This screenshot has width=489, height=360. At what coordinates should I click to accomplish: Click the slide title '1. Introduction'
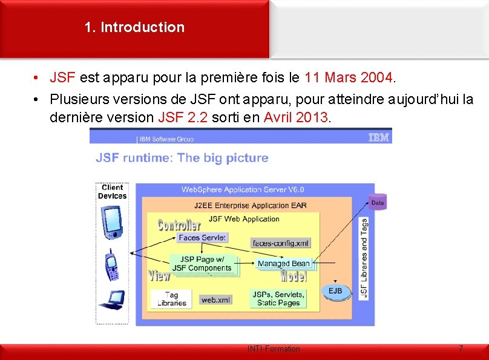click(x=134, y=27)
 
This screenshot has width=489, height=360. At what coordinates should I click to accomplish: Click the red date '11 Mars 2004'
click(x=349, y=77)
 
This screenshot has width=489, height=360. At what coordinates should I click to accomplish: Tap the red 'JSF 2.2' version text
click(x=182, y=117)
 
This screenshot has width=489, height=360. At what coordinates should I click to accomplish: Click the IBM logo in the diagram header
click(x=379, y=138)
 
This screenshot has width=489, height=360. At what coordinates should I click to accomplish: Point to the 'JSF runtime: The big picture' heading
click(x=182, y=158)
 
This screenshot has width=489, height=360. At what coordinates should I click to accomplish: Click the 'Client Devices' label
click(x=112, y=192)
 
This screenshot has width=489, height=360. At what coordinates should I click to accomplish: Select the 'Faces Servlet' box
click(x=202, y=238)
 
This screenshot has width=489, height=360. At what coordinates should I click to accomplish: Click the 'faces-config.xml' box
click(x=280, y=243)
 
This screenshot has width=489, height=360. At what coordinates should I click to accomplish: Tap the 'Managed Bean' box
click(x=283, y=263)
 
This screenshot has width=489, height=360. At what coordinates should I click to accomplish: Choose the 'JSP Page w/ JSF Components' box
click(x=202, y=264)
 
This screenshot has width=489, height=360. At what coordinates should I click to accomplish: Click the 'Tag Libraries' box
click(x=171, y=299)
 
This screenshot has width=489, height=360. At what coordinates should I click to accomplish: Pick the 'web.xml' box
click(x=215, y=299)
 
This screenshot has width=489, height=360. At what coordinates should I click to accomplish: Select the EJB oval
click(x=335, y=292)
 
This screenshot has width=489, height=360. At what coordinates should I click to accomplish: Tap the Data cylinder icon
click(x=377, y=203)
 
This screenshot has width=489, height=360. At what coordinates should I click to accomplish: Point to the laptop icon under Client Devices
click(x=112, y=299)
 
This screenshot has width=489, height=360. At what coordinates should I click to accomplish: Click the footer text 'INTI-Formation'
click(x=274, y=349)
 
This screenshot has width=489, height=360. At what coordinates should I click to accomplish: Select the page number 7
click(x=461, y=349)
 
